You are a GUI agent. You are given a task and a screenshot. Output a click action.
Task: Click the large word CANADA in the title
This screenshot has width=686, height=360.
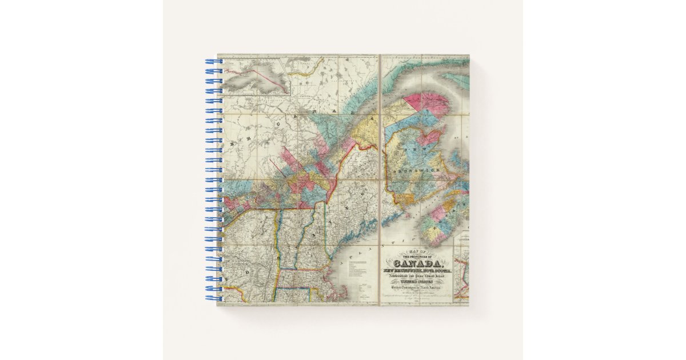point(416,263)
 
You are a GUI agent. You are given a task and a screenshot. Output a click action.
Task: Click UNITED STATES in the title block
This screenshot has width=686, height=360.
point(416,281)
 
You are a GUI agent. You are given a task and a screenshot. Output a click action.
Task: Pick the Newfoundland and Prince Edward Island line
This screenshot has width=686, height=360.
point(416,276)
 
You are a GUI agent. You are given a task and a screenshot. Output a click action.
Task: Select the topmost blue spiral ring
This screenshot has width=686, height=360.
point(213,61)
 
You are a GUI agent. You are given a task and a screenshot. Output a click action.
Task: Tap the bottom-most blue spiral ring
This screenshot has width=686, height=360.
point(213,298)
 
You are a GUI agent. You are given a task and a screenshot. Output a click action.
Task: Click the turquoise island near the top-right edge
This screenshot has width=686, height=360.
point(457,80)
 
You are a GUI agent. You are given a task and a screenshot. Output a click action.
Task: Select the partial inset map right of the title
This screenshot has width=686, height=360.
point(461,274)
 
